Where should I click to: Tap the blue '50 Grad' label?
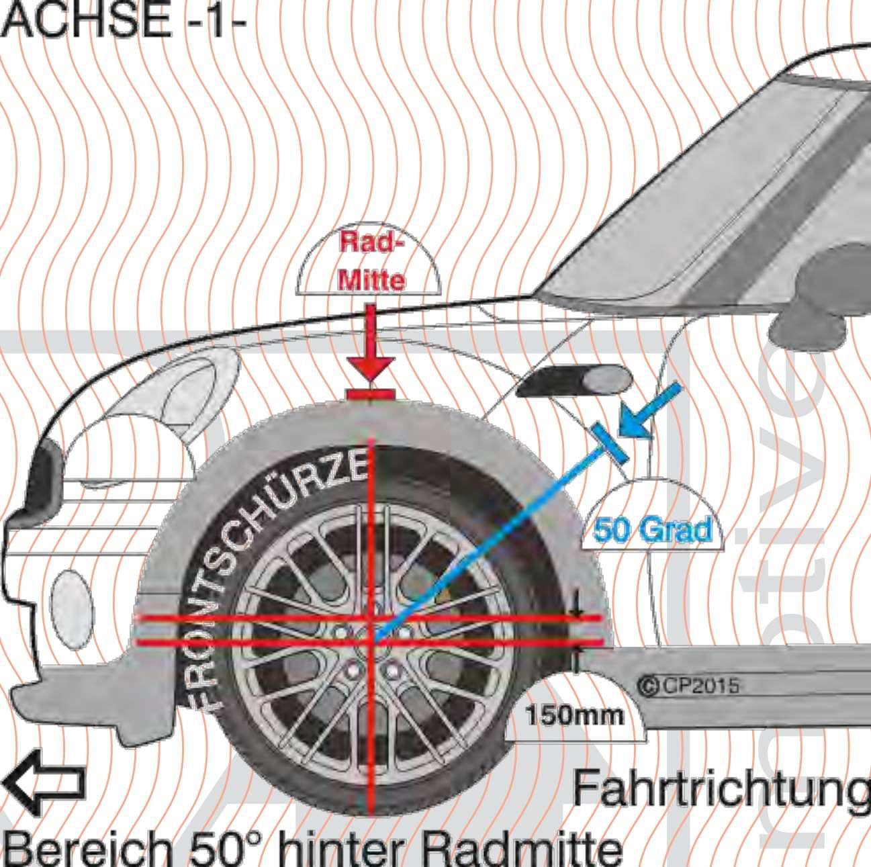(652, 531)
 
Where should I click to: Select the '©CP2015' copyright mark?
(688, 686)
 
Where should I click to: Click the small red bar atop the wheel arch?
(370, 394)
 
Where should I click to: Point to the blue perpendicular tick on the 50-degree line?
(610, 443)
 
